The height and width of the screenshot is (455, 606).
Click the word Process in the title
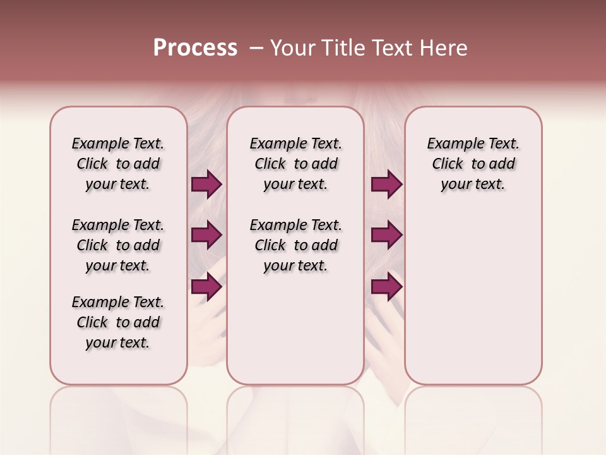coord(195,48)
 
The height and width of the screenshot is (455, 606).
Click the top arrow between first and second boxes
coord(206,185)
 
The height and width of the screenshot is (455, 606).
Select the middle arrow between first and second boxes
coord(206,236)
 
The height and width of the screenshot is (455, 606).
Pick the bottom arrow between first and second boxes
coord(206,287)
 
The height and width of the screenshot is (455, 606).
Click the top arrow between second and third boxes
coord(386,185)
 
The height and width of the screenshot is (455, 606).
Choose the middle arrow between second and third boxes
coord(386,236)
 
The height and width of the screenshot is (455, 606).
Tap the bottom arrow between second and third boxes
coord(386,287)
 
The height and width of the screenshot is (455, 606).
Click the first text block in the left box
coord(118,164)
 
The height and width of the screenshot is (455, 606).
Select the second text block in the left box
coord(118,245)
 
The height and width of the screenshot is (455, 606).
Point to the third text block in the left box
coord(118,322)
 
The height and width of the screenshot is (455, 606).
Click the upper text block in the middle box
coord(295,164)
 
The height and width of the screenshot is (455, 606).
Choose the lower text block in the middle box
coord(295,245)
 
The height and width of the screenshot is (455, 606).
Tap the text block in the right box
coord(473,164)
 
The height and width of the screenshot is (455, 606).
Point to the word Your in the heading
coord(293,48)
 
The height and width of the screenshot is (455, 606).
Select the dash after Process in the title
coord(256,48)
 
